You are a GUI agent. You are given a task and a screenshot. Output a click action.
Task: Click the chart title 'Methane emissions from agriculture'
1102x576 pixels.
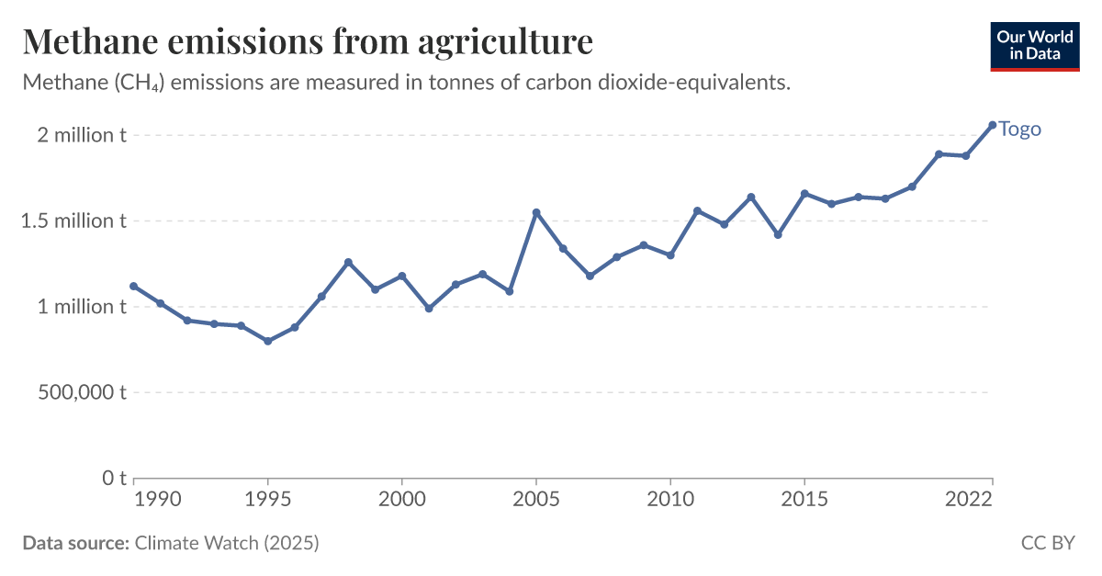coord(308,42)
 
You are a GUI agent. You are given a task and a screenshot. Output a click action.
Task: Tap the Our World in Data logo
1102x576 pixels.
coord(1035,45)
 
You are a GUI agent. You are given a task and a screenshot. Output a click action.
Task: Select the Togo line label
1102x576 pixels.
coord(1019,129)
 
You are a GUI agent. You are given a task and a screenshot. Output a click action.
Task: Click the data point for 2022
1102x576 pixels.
coord(992,125)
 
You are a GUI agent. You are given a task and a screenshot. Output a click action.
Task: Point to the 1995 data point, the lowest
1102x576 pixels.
coord(267,341)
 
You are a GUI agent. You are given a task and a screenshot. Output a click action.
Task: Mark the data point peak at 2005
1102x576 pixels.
coord(536,212)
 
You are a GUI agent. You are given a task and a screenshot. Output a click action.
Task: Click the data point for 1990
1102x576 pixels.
coord(134,286)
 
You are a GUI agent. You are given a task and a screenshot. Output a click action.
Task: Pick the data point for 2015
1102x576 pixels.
coord(804,194)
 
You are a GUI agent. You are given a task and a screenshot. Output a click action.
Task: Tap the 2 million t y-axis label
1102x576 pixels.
coord(81,135)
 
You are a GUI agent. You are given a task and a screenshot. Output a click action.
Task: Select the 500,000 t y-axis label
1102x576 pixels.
coord(80,392)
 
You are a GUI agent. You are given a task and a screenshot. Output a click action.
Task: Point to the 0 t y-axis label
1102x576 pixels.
coord(113,478)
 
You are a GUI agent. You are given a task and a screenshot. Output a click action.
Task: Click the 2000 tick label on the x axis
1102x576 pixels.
coord(401,499)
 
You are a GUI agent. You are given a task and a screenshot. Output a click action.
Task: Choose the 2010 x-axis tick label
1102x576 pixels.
coord(669,499)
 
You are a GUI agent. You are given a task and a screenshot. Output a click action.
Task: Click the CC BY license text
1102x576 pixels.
coord(1047,543)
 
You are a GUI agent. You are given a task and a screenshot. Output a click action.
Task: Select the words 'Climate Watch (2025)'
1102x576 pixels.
coord(227,543)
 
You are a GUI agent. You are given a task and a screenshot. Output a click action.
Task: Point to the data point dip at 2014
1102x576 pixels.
coord(778,234)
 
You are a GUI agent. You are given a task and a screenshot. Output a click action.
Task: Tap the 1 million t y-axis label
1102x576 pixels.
coord(81,307)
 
